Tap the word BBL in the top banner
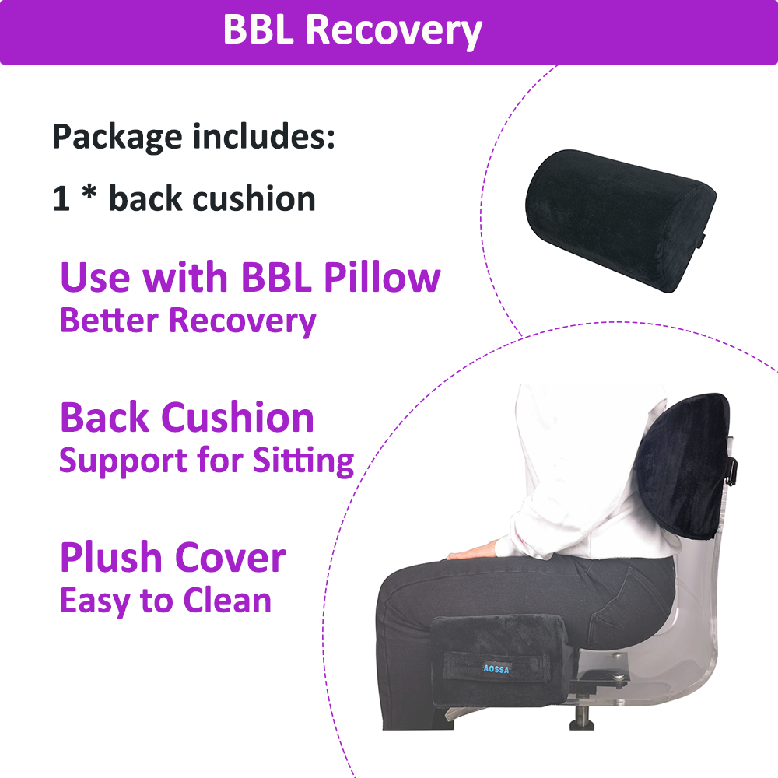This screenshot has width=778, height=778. tap(258, 30)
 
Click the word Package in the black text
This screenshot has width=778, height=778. tap(117, 138)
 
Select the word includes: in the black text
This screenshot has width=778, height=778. tap(264, 136)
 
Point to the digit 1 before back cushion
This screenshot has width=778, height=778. tap(61, 199)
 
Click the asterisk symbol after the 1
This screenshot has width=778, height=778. tap(89, 191)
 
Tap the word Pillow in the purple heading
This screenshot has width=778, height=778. tap(382, 277)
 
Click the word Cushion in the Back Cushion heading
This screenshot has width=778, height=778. tap(237, 418)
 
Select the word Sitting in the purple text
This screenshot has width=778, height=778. tap(303, 461)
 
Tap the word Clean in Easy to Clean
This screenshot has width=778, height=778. tap(227, 601)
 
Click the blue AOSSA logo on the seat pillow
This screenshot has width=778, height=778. tap(496, 669)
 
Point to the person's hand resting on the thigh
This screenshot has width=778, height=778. tap(473, 551)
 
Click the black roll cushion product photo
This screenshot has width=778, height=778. tap(620, 220)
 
